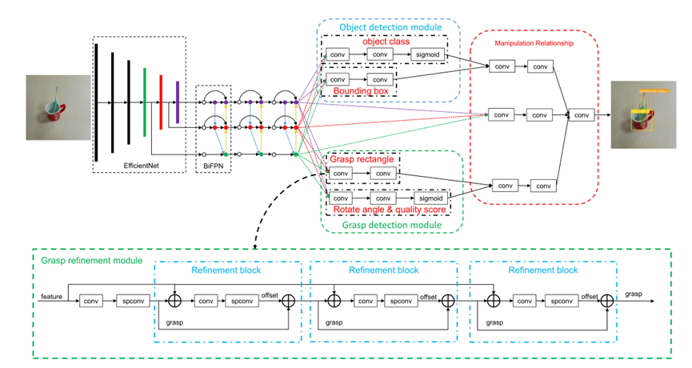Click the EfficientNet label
142,164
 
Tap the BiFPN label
213,164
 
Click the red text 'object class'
384,42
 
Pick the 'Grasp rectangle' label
361,160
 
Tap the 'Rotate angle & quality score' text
386,209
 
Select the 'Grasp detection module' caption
392,226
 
